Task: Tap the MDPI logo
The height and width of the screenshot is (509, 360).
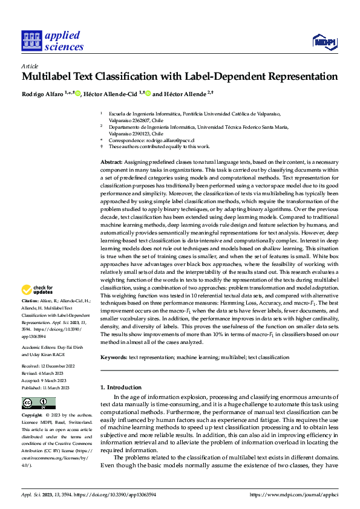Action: point(321,41)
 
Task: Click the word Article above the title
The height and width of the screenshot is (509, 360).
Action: point(30,66)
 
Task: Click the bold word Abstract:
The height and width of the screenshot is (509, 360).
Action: point(111,163)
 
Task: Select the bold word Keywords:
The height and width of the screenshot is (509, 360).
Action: point(114,358)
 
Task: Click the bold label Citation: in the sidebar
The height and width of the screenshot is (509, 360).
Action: point(31,300)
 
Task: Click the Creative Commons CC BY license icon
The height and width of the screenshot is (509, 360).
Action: point(39,403)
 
